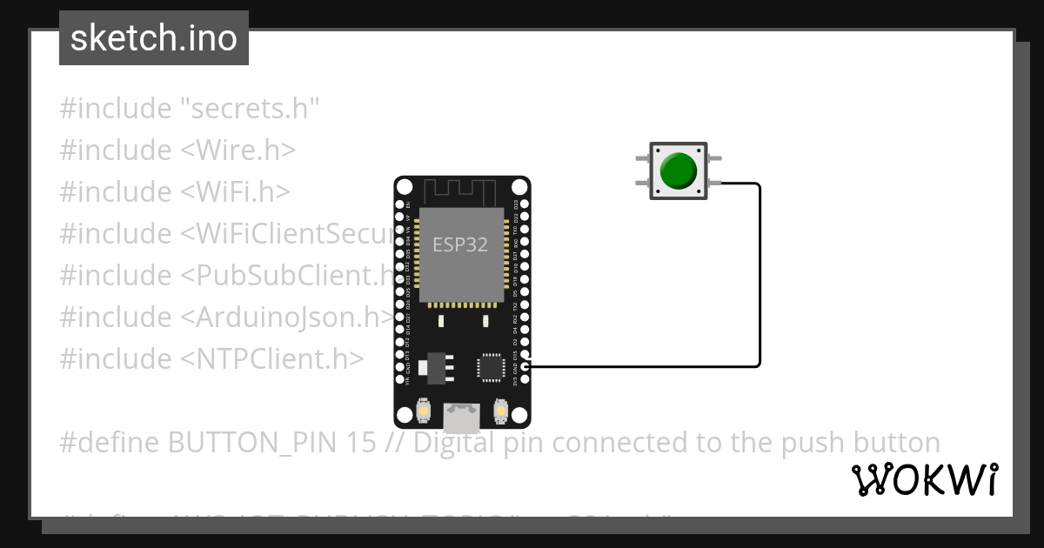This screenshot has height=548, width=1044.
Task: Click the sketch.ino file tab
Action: [x=154, y=38]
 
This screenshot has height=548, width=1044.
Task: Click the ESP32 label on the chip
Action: [x=460, y=244]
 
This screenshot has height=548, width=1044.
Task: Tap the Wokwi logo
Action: [x=924, y=479]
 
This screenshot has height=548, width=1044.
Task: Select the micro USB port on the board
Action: [x=460, y=418]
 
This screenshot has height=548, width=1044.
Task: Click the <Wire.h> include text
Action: [x=238, y=150]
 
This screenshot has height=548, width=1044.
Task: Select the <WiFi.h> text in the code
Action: [x=235, y=192]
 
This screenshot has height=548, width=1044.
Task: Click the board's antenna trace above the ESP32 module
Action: [x=461, y=190]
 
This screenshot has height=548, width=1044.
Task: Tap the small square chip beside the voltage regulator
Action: [x=490, y=366]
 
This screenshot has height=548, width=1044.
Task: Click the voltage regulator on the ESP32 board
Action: [x=434, y=368]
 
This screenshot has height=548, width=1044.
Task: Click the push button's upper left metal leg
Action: [x=642, y=158]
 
